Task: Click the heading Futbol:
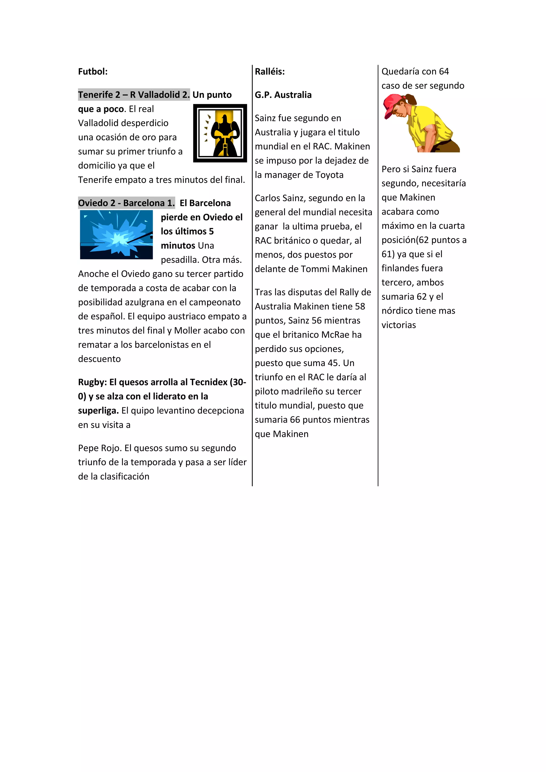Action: (x=93, y=72)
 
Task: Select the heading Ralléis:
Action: (x=270, y=72)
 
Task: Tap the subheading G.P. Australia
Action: (x=283, y=95)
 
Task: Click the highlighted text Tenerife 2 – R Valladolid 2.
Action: (x=134, y=95)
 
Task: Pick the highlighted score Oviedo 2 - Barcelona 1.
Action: (x=126, y=203)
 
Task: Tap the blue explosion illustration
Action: (x=116, y=235)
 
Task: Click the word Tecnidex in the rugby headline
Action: (x=209, y=382)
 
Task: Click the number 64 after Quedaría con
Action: (x=444, y=72)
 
